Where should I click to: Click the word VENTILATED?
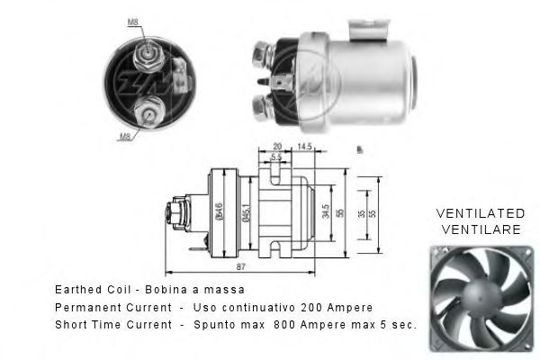point(480,213)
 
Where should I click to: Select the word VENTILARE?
point(479,229)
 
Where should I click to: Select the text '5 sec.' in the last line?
point(397,324)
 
